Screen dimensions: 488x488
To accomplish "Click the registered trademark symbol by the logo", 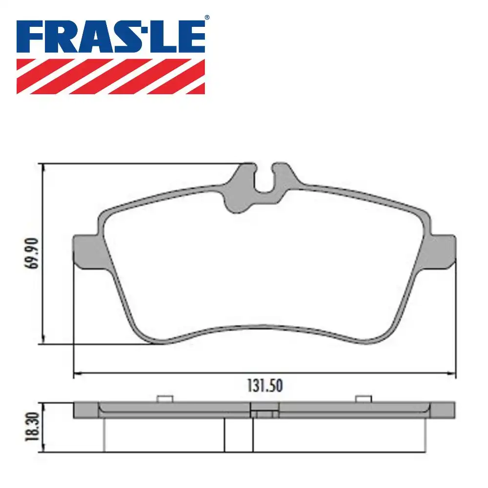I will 207,18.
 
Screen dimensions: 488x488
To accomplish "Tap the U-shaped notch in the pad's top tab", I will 264,178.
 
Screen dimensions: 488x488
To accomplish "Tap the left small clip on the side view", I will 164,399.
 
